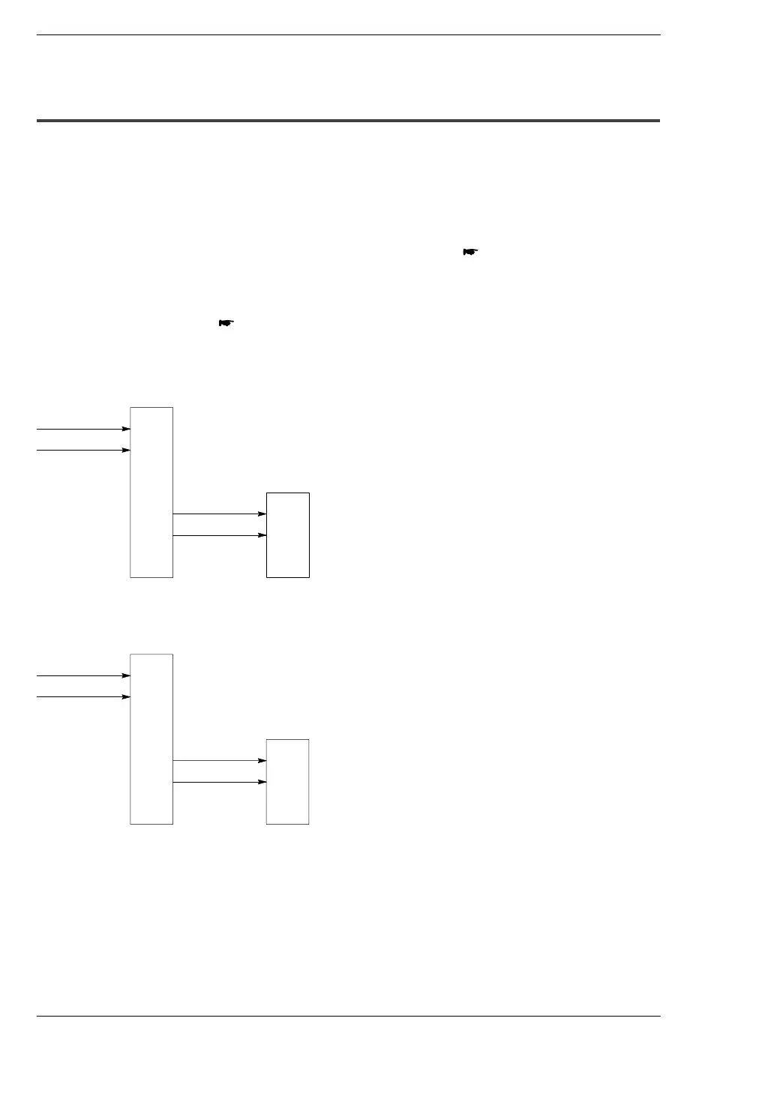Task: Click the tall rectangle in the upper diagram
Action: (x=151, y=492)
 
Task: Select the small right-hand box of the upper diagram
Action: (x=288, y=535)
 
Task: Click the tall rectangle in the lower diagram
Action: (x=151, y=738)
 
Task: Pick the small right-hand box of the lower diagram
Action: (x=288, y=781)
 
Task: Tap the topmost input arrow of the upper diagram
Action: (x=82, y=429)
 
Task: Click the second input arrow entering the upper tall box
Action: (x=82, y=450)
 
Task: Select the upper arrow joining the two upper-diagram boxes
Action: (x=219, y=514)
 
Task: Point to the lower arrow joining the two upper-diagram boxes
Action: (x=219, y=535)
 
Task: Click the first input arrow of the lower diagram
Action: (x=82, y=675)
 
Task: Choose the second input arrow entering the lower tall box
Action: (x=82, y=696)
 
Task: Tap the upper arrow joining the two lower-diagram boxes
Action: (x=219, y=760)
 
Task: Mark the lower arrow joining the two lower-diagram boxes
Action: (x=219, y=782)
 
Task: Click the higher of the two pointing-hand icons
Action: (x=470, y=252)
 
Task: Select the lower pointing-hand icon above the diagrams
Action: (x=226, y=322)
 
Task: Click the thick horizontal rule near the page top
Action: (x=348, y=120)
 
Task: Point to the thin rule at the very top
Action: (x=348, y=34)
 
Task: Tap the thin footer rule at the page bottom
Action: (x=348, y=1017)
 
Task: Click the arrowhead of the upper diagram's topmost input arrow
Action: (x=126, y=429)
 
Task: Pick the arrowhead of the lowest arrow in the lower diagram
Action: (x=262, y=782)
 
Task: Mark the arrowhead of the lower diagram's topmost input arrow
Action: (x=126, y=675)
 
